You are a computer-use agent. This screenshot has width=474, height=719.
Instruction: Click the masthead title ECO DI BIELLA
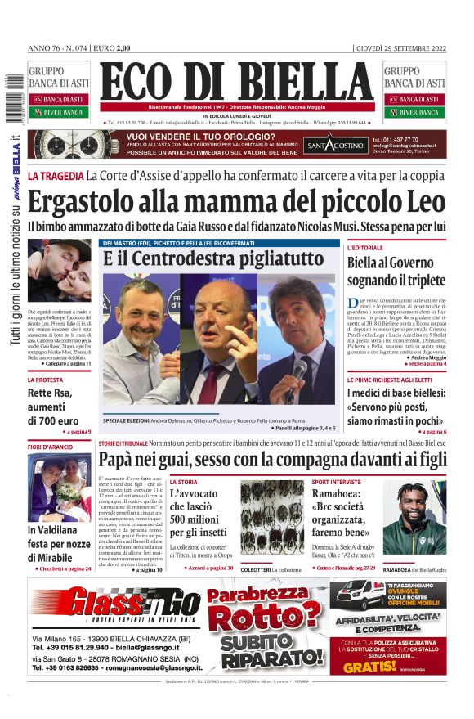click(x=236, y=83)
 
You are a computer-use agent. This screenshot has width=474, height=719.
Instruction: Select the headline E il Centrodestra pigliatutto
click(x=213, y=258)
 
